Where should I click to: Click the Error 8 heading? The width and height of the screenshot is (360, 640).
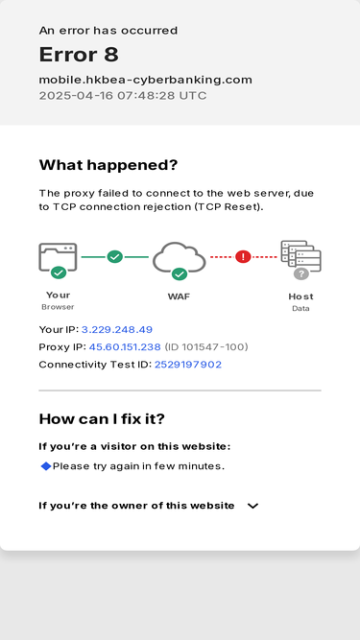point(79,55)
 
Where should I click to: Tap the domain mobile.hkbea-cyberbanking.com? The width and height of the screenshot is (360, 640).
point(146,80)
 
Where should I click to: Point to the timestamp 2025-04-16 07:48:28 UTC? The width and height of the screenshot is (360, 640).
point(123,96)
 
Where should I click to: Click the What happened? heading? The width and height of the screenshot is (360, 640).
point(108,165)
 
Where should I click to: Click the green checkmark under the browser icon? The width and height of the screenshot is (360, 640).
point(59,273)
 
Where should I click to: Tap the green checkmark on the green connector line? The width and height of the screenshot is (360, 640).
point(114,257)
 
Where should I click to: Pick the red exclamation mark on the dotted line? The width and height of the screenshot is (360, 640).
point(243,257)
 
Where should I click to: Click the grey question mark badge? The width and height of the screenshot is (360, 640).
point(301,273)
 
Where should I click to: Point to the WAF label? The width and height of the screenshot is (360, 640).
point(179,296)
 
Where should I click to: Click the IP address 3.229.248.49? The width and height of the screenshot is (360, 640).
point(117,330)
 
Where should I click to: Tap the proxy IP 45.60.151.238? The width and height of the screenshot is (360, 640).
point(125,347)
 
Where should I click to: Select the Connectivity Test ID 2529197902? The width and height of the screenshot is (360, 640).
point(188,365)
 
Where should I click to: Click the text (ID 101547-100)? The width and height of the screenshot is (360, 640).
point(206,347)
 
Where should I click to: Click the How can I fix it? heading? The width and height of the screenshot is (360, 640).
point(102,418)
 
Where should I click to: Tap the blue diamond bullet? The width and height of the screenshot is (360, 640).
point(46,466)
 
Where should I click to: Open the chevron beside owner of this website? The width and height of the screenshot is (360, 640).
point(253,506)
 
